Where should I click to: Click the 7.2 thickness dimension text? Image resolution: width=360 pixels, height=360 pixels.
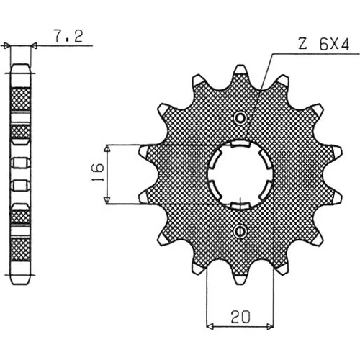click(68, 36)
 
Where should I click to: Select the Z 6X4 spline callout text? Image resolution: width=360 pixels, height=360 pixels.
click(323, 44)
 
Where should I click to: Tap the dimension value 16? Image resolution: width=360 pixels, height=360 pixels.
click(98, 172)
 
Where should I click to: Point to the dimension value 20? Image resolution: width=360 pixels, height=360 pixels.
click(240, 317)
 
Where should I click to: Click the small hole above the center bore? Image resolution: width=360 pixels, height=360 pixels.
click(240, 117)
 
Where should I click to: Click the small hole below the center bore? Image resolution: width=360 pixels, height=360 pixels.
click(240, 231)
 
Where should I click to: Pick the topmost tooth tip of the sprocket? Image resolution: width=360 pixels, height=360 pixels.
click(240, 69)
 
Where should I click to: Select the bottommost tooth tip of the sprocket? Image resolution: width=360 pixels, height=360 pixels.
click(240, 280)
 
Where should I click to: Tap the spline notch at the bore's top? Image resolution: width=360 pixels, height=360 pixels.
click(240, 144)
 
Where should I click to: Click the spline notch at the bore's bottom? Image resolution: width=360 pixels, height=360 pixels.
click(240, 205)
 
